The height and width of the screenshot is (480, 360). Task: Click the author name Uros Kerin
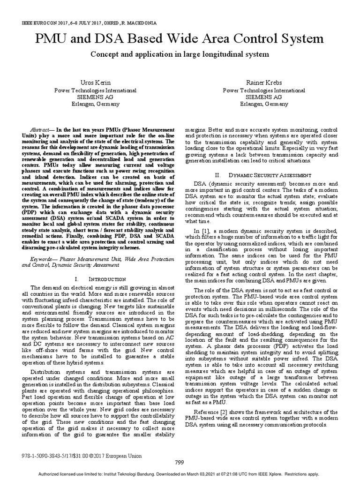[x=96, y=82]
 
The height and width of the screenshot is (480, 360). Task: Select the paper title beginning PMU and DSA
[x=180, y=38]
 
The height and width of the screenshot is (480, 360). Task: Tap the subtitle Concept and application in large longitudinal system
[x=180, y=54]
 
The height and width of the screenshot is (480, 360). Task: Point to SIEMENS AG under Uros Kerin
[x=96, y=97]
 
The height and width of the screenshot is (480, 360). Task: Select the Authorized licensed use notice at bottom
[x=180, y=474]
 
